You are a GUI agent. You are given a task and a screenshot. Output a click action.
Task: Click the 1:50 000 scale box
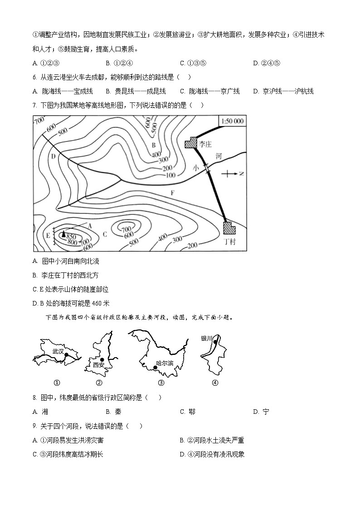[x=232, y=121]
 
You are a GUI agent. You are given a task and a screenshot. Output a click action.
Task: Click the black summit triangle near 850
[x=63, y=233]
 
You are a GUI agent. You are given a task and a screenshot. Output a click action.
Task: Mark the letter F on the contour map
[x=172, y=193]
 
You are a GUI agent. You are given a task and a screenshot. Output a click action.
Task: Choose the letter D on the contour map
[x=53, y=156]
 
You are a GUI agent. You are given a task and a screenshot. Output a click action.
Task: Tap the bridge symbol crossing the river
[x=207, y=169]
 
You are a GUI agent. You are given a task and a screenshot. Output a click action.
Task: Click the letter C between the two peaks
[x=105, y=234]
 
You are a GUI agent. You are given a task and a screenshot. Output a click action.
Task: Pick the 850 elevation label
[x=71, y=237]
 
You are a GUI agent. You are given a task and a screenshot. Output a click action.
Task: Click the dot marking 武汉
[x=67, y=355]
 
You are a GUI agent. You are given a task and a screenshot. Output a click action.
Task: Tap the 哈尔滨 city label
[x=165, y=363]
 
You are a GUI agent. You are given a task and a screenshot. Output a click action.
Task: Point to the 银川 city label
[x=206, y=338]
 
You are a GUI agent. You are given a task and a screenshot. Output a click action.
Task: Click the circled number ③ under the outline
[x=161, y=383]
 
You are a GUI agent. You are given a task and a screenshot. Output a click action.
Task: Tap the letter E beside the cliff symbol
[x=48, y=235]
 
